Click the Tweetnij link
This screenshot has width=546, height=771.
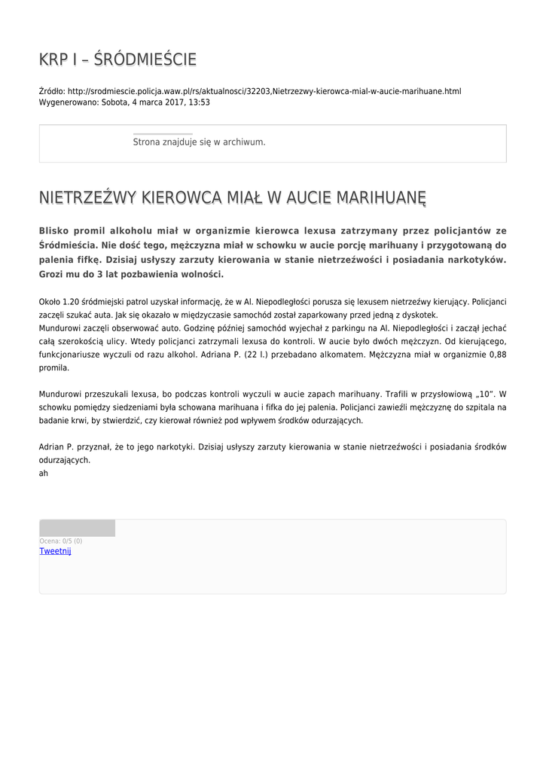(x=55, y=551)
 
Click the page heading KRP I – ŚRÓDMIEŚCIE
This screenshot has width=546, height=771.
(x=118, y=59)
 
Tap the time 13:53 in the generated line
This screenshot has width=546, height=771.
(x=200, y=102)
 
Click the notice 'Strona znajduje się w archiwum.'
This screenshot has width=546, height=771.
(x=199, y=142)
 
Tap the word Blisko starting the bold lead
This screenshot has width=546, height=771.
(x=59, y=230)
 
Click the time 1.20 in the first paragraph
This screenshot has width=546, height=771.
(x=69, y=301)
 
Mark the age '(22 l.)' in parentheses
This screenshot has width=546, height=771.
(x=258, y=355)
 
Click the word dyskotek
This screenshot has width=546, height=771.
(x=422, y=315)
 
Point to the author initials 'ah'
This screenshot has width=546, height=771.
(x=44, y=474)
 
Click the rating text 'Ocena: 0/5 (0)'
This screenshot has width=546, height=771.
(x=61, y=541)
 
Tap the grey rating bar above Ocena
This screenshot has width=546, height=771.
(x=77, y=528)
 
